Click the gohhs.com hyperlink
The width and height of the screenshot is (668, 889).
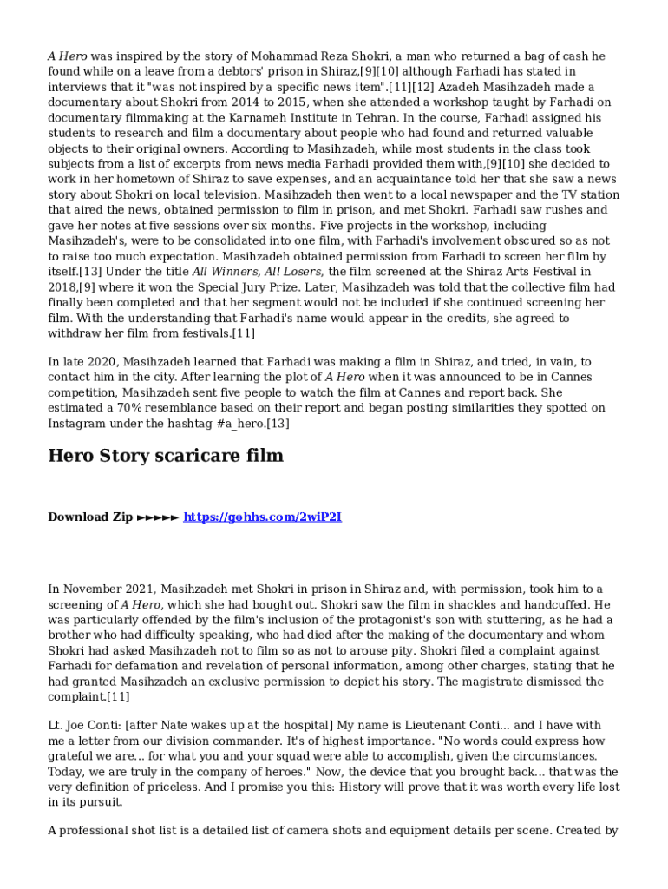click(262, 517)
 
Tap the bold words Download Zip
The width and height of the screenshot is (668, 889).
click(90, 517)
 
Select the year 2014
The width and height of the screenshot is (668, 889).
click(227, 102)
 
